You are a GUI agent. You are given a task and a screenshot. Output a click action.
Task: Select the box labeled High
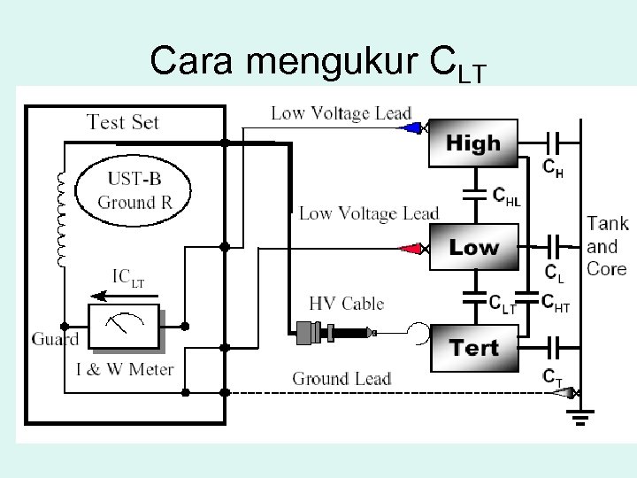coord(472,143)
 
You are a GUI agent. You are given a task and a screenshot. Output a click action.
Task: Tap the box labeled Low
coord(472,247)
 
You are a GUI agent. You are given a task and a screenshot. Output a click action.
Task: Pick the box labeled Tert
coord(474,348)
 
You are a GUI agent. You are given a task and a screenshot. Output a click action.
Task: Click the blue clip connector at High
coord(410,128)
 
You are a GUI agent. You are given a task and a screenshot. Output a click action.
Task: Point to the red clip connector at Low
coord(411,249)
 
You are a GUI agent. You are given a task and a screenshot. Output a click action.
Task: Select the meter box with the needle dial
coord(124,328)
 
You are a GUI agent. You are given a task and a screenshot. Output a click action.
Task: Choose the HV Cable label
coord(346,304)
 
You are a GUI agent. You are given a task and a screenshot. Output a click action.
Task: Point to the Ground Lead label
coord(342,379)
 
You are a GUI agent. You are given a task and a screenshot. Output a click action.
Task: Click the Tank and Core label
coord(607,246)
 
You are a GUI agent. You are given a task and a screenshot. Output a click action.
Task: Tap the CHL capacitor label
coord(506,197)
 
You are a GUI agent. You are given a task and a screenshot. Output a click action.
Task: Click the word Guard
coord(55,339)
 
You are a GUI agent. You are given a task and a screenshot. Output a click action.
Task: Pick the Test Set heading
coord(123,121)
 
